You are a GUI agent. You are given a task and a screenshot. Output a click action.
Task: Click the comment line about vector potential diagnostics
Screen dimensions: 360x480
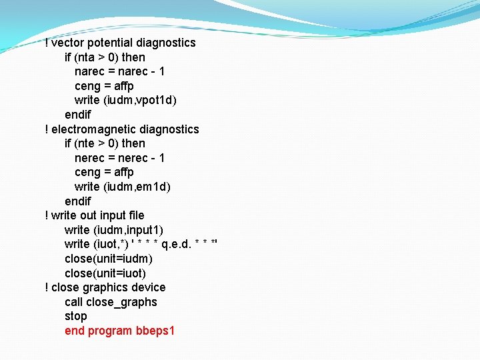[x=120, y=43]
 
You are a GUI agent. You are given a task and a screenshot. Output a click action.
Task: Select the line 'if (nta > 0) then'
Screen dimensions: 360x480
[x=105, y=57]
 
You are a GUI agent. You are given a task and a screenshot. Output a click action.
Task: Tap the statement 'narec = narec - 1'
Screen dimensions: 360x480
[x=120, y=71]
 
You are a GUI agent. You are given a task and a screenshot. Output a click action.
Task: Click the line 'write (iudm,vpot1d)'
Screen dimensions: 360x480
[x=125, y=100]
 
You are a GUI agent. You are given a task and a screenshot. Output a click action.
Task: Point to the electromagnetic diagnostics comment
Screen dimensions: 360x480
[x=121, y=129]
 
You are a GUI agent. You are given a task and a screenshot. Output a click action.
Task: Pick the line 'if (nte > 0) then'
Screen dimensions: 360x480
[x=105, y=143]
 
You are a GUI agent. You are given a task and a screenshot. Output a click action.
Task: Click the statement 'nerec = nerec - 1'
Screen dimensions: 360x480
[x=120, y=158]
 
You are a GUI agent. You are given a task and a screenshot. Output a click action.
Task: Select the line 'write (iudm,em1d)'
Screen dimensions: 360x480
[x=123, y=187]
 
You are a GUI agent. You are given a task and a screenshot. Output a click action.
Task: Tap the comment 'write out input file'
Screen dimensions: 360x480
[x=94, y=215]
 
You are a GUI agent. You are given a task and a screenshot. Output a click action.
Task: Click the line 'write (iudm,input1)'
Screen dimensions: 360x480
[x=114, y=230]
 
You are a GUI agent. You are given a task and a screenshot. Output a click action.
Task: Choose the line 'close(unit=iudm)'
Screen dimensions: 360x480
[x=109, y=259]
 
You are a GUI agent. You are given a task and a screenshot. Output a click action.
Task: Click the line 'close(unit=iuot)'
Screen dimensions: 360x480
[x=105, y=273]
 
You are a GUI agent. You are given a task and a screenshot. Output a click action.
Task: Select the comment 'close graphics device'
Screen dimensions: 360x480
[x=105, y=287]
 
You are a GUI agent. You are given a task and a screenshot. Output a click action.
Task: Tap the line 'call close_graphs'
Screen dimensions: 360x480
[x=111, y=302]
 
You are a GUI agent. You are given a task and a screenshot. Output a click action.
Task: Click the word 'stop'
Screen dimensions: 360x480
[x=76, y=316]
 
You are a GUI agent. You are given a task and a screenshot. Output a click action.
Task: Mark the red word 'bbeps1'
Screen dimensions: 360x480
[x=155, y=331]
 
